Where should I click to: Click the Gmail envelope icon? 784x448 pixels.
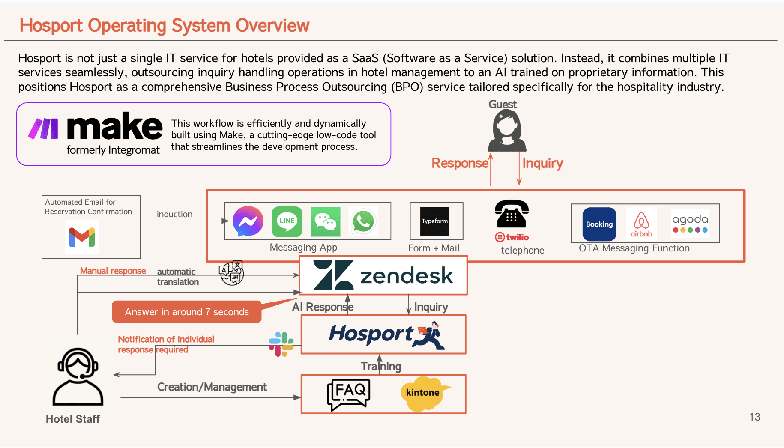click(x=82, y=237)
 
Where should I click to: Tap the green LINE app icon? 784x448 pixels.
click(x=287, y=221)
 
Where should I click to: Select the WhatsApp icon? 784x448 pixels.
click(x=363, y=221)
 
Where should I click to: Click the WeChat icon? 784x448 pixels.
click(x=325, y=221)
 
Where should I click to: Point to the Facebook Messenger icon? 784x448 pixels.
click(x=248, y=221)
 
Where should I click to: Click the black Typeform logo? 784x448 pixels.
click(x=434, y=221)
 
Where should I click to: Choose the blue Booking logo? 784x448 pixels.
click(x=599, y=224)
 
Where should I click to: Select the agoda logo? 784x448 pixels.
click(x=690, y=223)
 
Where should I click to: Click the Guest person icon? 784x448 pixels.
click(x=507, y=130)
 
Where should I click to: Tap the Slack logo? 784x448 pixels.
click(x=281, y=344)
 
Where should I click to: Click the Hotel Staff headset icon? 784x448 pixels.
click(x=78, y=377)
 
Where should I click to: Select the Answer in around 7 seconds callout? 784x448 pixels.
click(x=187, y=312)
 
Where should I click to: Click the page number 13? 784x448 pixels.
click(x=754, y=417)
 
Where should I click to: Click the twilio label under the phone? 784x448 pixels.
click(x=512, y=237)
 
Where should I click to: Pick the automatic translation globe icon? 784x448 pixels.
click(x=231, y=273)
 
